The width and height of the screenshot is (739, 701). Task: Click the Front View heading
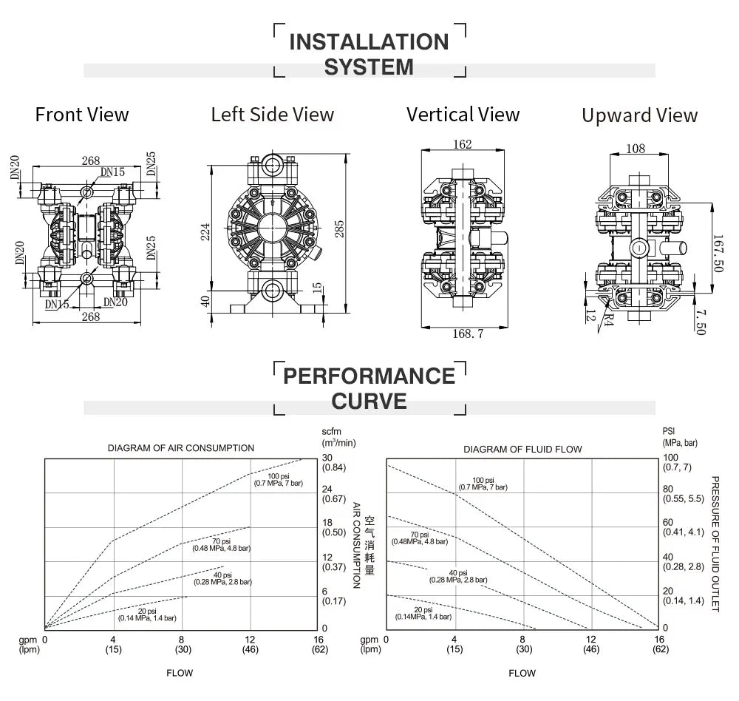pyautogui.click(x=82, y=115)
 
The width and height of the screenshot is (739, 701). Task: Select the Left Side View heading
pyautogui.click(x=273, y=115)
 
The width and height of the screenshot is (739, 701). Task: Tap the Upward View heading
pyautogui.click(x=639, y=115)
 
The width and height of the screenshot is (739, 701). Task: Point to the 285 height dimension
pyautogui.click(x=339, y=228)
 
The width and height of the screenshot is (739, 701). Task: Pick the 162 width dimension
pyautogui.click(x=462, y=144)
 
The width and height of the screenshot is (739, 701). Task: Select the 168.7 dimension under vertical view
pyautogui.click(x=468, y=333)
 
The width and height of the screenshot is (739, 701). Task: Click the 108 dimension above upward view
pyautogui.click(x=636, y=149)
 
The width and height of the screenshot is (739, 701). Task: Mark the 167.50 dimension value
pyautogui.click(x=718, y=254)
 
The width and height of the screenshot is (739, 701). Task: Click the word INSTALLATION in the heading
pyautogui.click(x=369, y=42)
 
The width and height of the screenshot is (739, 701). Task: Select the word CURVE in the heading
pyautogui.click(x=369, y=401)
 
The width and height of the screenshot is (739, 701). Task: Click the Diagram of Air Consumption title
pyautogui.click(x=181, y=448)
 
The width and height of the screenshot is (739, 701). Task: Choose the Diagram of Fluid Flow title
pyautogui.click(x=522, y=449)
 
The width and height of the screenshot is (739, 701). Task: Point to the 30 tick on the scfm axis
pyautogui.click(x=327, y=458)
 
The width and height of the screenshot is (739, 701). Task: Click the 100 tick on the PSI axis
pyautogui.click(x=671, y=457)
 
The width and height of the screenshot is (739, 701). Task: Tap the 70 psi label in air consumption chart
pyautogui.click(x=222, y=541)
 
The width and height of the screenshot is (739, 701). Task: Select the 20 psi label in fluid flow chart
pyautogui.click(x=423, y=610)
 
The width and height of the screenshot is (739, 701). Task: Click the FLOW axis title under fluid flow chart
pyautogui.click(x=522, y=673)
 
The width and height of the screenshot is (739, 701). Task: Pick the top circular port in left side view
pyautogui.click(x=272, y=164)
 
